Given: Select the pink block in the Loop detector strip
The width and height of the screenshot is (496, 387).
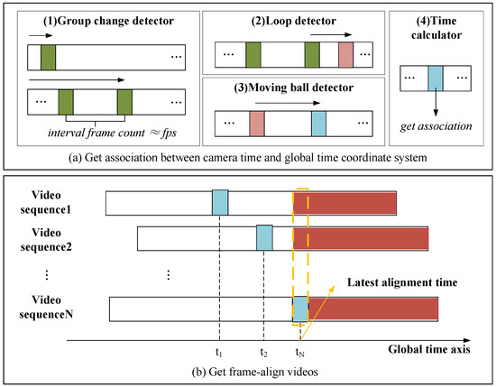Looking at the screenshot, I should pyautogui.click(x=346, y=57).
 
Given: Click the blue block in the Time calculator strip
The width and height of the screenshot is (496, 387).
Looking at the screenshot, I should pyautogui.click(x=435, y=76).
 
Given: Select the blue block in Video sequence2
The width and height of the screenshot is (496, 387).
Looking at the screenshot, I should pyautogui.click(x=264, y=238).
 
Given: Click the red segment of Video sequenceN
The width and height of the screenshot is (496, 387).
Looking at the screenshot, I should pyautogui.click(x=373, y=309).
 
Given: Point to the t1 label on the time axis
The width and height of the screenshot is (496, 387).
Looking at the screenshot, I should pyautogui.click(x=219, y=354).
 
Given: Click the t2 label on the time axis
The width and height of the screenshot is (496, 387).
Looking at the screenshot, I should pyautogui.click(x=263, y=354).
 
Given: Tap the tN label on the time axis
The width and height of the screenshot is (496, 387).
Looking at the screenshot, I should pyautogui.click(x=301, y=354).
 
